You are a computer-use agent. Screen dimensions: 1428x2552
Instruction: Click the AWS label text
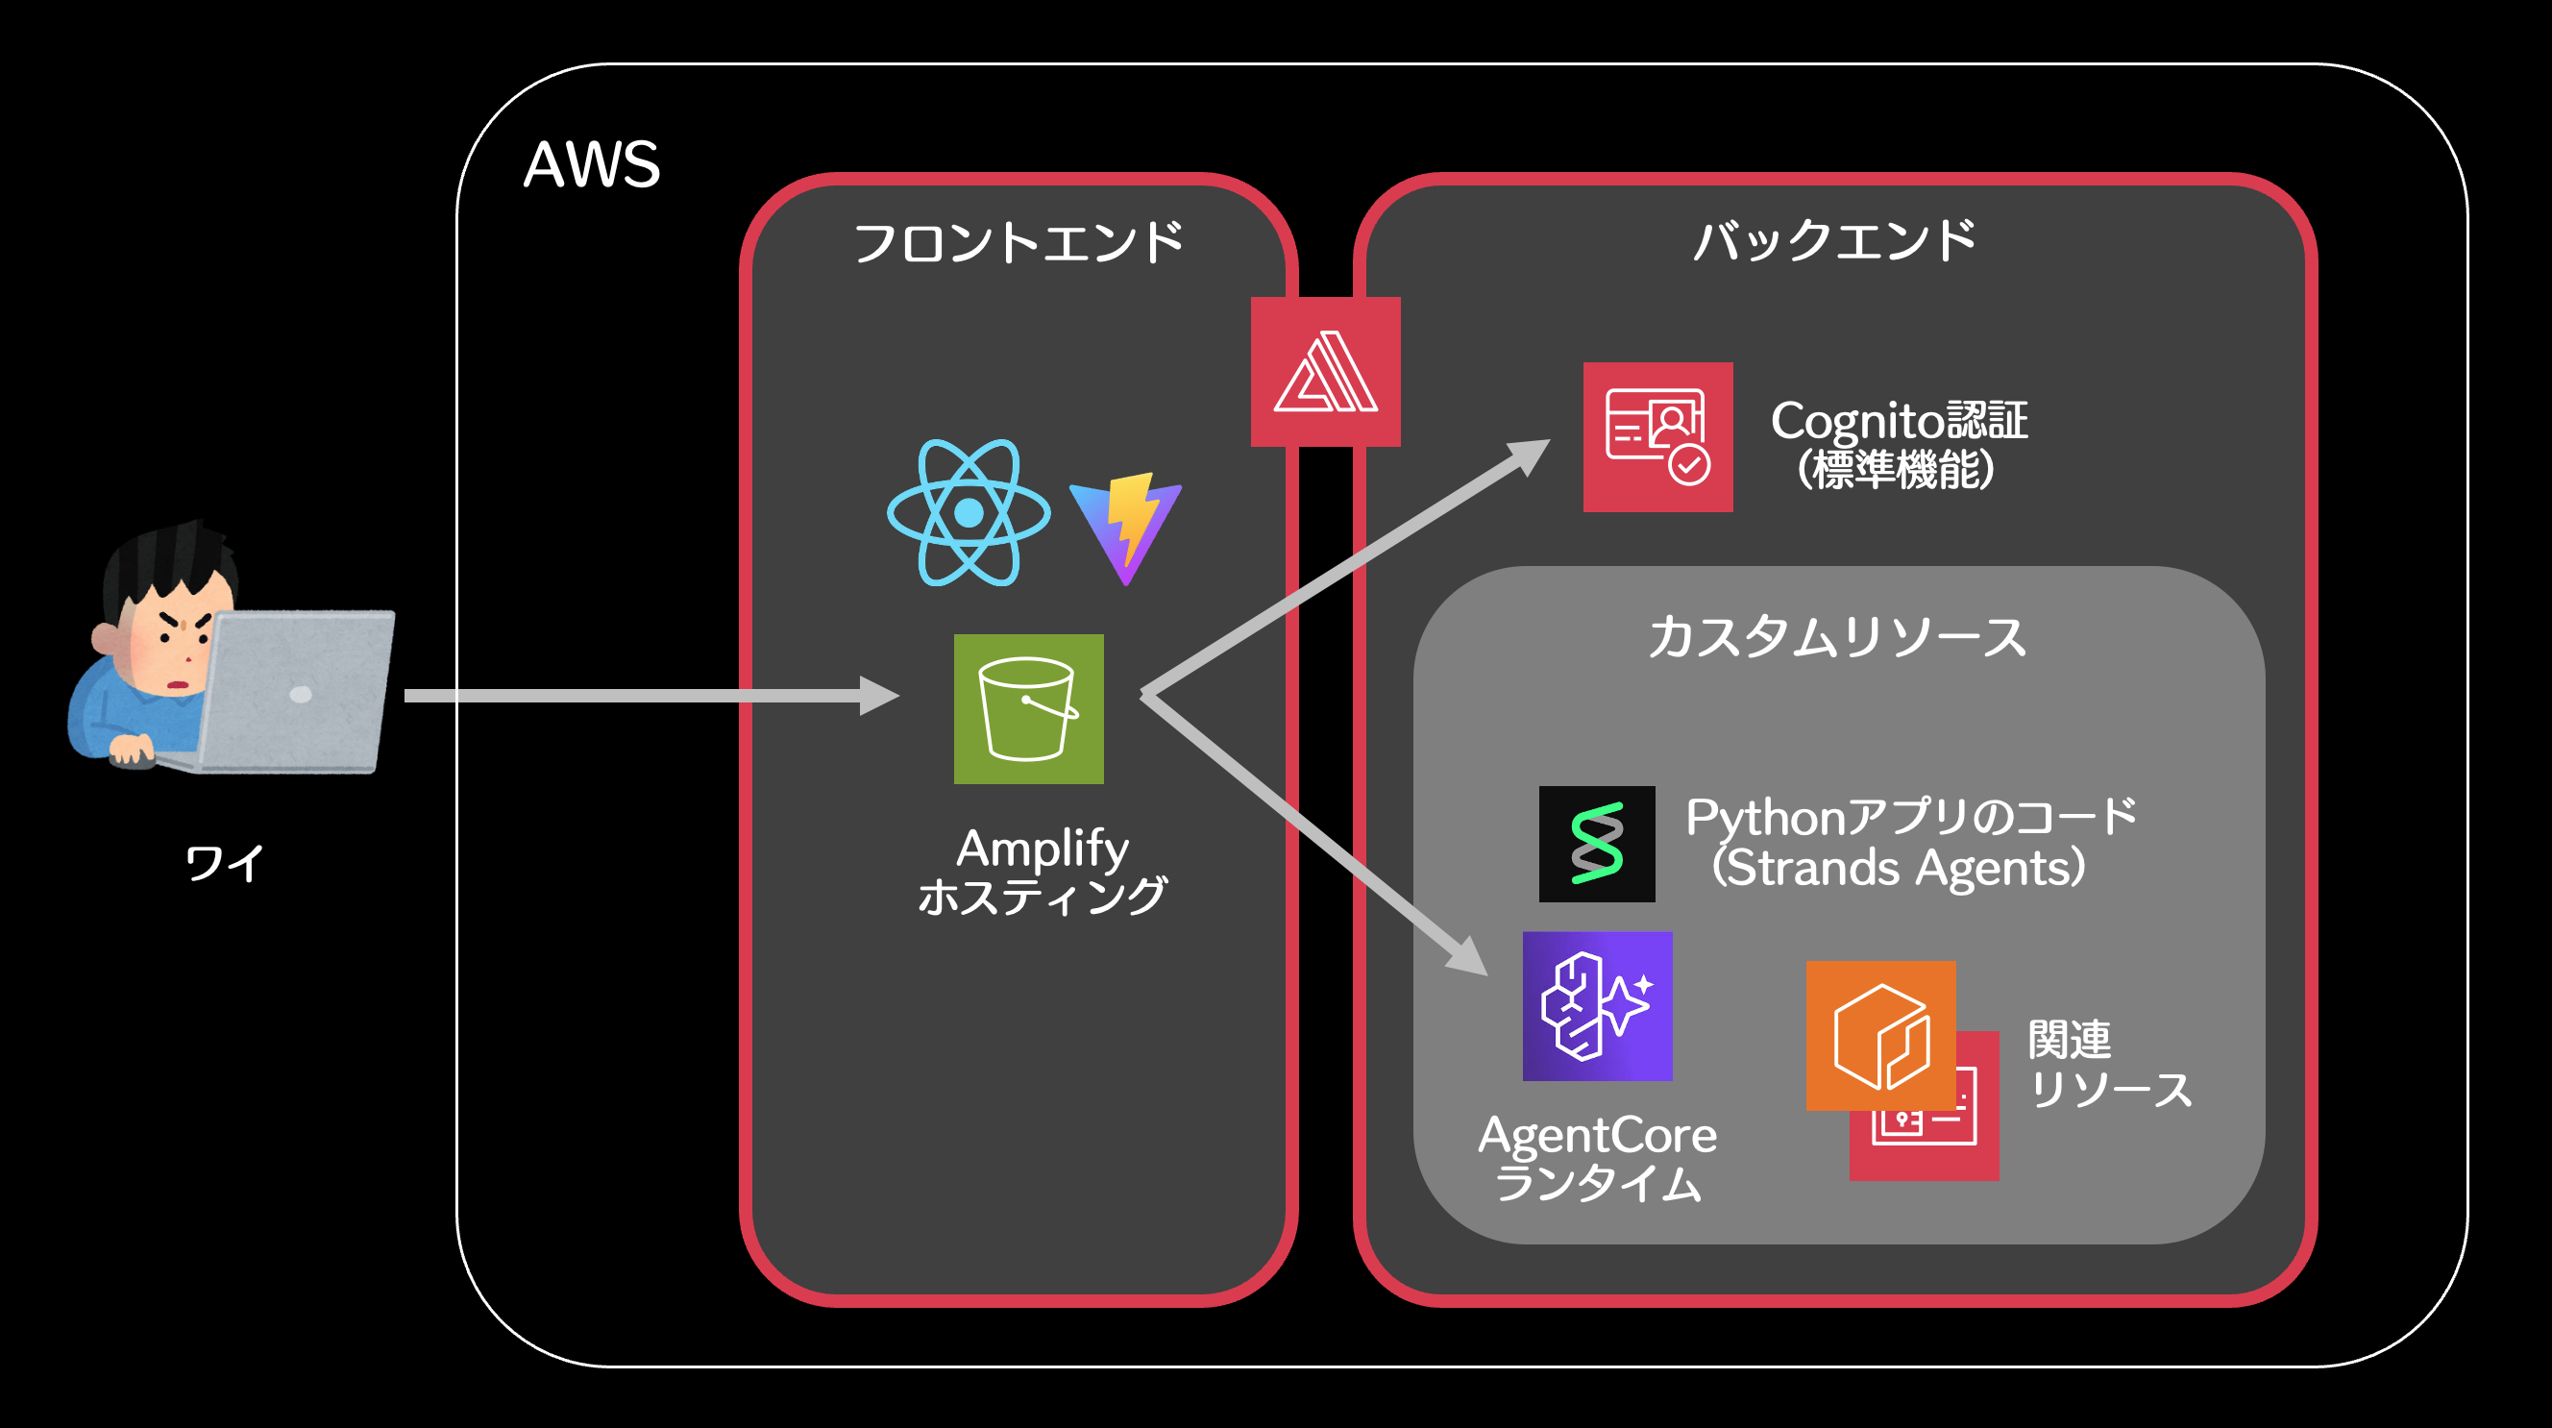[592, 164]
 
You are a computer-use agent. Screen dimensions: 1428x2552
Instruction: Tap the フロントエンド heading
[1018, 243]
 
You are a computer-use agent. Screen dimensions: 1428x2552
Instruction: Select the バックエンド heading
[1835, 241]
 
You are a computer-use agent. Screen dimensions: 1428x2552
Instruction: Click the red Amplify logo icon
[1325, 372]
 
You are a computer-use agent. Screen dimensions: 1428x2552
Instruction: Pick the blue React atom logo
[968, 512]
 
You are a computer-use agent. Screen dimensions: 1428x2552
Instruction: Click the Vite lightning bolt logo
[1126, 529]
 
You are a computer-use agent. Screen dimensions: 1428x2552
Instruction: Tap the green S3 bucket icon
[1028, 708]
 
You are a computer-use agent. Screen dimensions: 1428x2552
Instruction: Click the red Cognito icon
[1657, 437]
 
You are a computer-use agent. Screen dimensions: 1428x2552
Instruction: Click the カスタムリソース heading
[1838, 636]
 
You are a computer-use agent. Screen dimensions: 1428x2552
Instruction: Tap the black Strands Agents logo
[1596, 844]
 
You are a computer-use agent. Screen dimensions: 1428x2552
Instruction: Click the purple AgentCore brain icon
[1597, 1006]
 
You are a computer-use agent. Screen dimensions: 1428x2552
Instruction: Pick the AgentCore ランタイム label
[1597, 1157]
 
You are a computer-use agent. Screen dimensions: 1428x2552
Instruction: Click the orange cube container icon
[1879, 1035]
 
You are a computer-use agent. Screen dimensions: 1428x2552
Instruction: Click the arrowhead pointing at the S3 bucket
[880, 696]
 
